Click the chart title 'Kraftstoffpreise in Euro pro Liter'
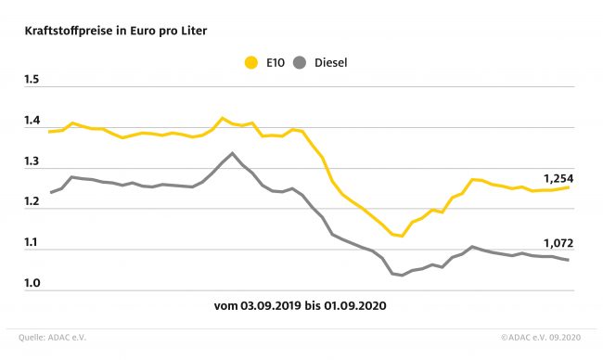click(116, 32)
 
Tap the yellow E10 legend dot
click(251, 63)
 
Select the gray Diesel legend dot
click(300, 63)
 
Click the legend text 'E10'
click(276, 63)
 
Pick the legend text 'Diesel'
click(331, 63)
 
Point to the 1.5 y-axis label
click(32, 80)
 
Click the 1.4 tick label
click(32, 121)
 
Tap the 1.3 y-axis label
click(32, 161)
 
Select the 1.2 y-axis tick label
click(32, 201)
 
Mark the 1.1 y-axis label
click(32, 242)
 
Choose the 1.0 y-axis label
click(32, 283)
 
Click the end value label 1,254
click(558, 179)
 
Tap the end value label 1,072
click(558, 243)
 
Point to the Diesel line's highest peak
click(232, 153)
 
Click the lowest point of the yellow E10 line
click(402, 236)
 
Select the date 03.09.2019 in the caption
click(271, 306)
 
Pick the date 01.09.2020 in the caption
click(355, 306)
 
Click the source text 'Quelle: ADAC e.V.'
click(52, 338)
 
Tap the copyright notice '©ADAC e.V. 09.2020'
click(541, 338)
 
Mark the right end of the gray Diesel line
click(569, 260)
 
